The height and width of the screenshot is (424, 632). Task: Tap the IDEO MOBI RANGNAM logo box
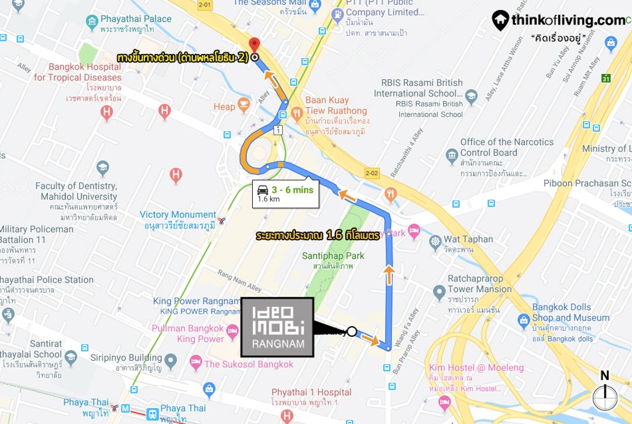[278, 327]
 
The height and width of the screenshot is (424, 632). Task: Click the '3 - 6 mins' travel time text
[292, 190]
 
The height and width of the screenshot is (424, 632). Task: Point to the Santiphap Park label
[333, 256]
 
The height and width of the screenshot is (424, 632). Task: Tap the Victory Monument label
[178, 215]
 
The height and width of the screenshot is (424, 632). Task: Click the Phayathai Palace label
[136, 19]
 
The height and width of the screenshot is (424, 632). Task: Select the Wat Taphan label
[468, 239]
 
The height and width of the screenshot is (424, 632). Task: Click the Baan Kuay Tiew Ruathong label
[336, 105]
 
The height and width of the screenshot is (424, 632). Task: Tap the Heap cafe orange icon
[243, 105]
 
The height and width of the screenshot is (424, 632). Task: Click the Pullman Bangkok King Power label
[188, 334]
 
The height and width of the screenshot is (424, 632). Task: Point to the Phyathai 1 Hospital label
[311, 392]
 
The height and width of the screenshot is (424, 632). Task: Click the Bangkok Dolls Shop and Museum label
[571, 312]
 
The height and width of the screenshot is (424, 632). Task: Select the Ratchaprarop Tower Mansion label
[479, 284]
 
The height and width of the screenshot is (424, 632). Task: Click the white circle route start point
[352, 331]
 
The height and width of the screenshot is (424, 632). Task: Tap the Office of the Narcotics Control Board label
[506, 147]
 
